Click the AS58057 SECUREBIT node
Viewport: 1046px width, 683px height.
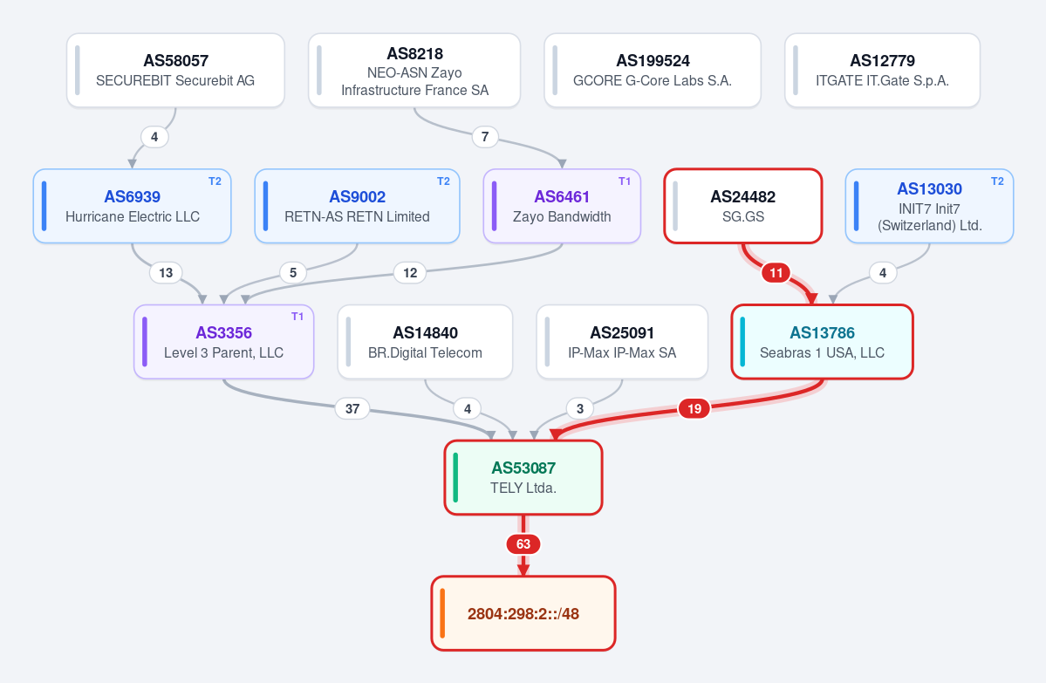[x=175, y=70]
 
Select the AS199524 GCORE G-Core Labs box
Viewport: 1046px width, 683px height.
[x=653, y=70]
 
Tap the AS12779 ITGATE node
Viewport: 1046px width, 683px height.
[x=882, y=70]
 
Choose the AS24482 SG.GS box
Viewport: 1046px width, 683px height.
[x=743, y=206]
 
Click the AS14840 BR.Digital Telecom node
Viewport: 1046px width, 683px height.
[x=425, y=342]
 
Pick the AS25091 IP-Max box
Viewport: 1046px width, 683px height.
[x=622, y=342]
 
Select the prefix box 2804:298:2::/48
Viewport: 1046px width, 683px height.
[x=523, y=613]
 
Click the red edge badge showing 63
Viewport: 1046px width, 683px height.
[x=523, y=544]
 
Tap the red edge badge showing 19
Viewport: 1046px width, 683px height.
[x=694, y=408]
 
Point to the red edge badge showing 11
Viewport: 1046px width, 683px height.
[x=776, y=273]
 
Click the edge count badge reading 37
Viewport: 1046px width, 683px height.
[x=352, y=408]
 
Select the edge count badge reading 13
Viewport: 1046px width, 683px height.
[x=166, y=273]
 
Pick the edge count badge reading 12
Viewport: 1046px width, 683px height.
[x=410, y=273]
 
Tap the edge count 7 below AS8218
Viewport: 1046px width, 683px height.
[x=485, y=137]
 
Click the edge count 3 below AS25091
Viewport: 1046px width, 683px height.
[x=579, y=408]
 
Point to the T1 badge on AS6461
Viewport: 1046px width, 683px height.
[x=625, y=181]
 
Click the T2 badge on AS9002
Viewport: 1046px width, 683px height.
[x=444, y=181]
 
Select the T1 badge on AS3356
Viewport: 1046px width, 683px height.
[x=297, y=317]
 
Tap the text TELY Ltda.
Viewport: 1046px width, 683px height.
[x=523, y=488]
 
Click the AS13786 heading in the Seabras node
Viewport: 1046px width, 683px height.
[x=822, y=332]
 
